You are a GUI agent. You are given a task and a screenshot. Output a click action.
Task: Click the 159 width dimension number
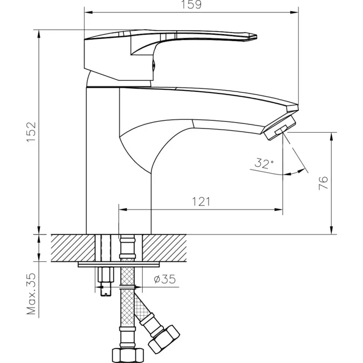191,5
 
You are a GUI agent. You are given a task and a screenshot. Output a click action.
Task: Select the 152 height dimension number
31,132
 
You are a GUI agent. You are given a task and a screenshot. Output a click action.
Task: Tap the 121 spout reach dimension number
201,202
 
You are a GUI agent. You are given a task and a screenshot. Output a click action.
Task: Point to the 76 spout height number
324,183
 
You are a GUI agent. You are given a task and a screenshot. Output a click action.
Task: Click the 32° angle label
264,163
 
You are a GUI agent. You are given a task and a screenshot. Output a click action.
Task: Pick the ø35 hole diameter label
165,279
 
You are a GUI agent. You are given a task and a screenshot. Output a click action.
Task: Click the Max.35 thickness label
31,294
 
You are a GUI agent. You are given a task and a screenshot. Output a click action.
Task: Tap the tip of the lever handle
257,37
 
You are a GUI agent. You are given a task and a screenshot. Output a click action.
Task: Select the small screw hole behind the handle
153,65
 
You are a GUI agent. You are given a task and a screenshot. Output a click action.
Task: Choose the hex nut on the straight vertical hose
128,355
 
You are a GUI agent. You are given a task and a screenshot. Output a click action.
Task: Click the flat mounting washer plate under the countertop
119,264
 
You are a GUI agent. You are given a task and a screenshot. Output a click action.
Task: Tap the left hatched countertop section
73,248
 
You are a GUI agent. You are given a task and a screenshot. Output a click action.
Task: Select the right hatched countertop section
164,248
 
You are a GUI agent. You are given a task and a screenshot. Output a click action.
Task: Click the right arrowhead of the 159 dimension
294,12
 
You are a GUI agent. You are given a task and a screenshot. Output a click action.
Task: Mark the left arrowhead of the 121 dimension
123,210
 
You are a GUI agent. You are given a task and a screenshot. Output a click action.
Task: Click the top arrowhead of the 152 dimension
39,34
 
